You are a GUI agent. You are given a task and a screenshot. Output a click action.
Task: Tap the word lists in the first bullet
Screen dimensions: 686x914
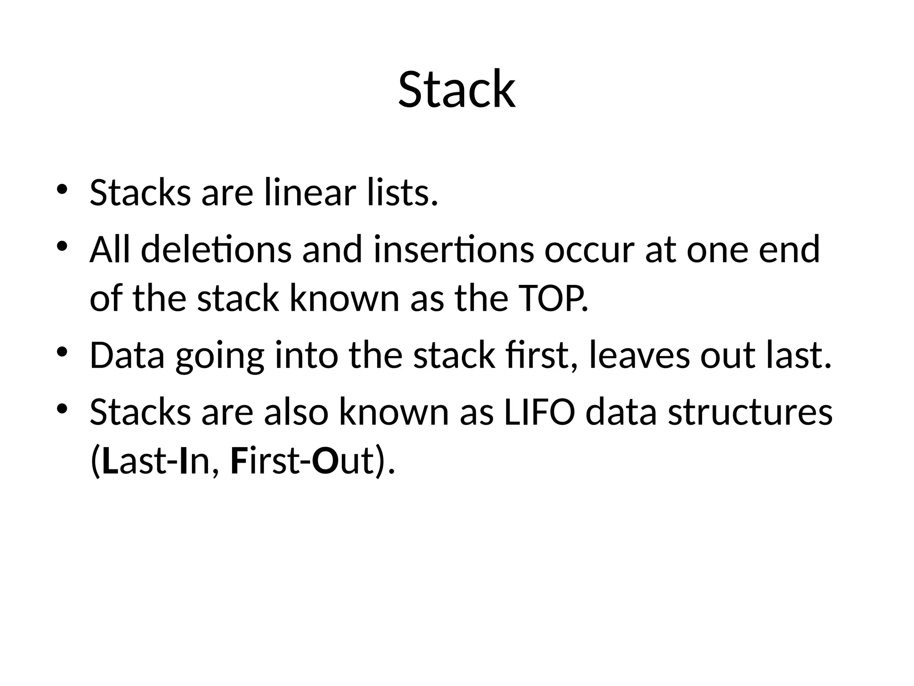[x=402, y=193]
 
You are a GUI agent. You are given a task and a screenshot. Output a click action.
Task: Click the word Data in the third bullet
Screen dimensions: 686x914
[x=127, y=356]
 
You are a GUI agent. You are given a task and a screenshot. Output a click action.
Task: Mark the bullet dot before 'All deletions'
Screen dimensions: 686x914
[x=62, y=246]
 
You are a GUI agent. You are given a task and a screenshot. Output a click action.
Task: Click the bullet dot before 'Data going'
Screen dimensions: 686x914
[x=62, y=352]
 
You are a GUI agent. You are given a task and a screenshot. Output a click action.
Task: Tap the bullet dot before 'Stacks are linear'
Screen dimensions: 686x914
[x=62, y=189]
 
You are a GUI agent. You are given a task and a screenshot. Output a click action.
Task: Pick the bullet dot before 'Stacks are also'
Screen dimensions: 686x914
[x=62, y=408]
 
